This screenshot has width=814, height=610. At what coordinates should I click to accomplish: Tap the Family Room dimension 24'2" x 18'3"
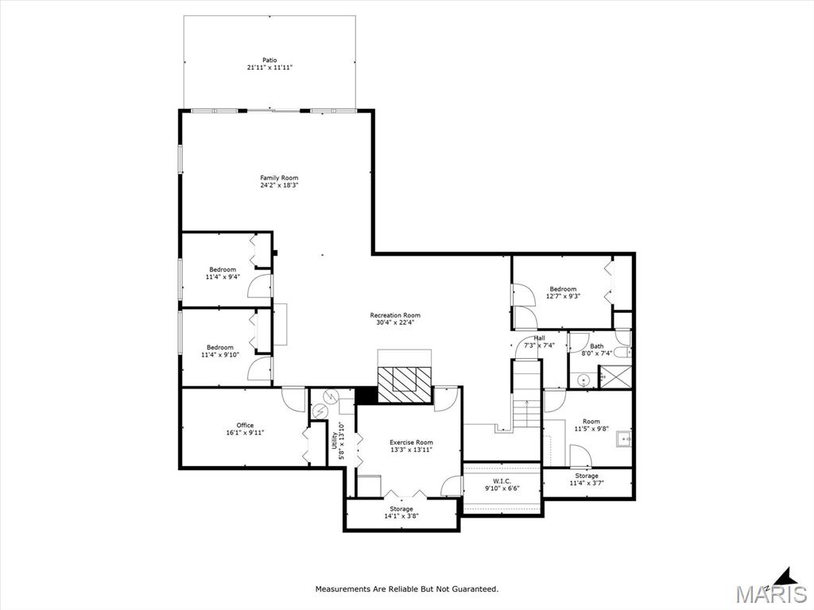point(279,186)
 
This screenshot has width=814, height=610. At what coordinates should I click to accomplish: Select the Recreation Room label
point(395,315)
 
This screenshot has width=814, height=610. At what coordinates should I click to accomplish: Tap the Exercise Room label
point(411,442)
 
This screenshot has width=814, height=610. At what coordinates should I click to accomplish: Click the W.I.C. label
point(502,481)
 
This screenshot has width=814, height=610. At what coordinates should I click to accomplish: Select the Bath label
point(596,346)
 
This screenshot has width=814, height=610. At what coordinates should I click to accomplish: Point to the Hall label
point(539,338)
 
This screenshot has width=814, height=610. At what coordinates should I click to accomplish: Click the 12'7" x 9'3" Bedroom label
point(563,289)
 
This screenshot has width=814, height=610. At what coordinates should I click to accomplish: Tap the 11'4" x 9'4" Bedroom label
point(223,270)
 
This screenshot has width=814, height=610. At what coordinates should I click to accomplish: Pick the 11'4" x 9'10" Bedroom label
point(220,347)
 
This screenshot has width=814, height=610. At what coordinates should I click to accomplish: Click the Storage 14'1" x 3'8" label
point(401,509)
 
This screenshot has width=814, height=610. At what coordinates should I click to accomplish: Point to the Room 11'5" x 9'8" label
point(591,422)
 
